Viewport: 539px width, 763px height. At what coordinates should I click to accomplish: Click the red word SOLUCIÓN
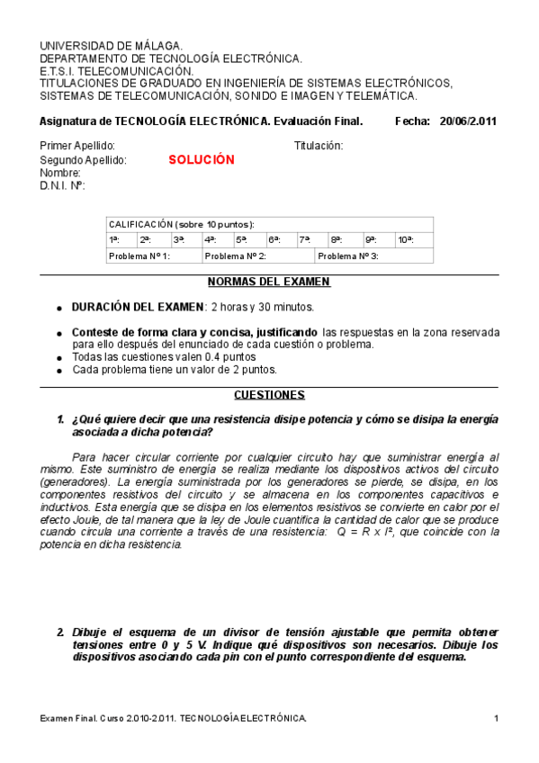click(201, 159)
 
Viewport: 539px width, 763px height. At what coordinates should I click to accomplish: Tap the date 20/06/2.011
click(468, 121)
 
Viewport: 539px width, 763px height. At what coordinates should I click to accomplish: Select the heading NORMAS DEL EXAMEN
click(269, 282)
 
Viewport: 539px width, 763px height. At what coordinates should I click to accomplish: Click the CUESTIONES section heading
click(269, 395)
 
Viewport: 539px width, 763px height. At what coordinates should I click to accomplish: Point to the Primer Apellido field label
click(78, 146)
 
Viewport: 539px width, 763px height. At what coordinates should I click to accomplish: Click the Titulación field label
click(319, 146)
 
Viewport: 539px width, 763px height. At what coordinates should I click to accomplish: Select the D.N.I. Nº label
click(62, 185)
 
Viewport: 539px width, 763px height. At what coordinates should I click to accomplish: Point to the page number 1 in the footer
click(496, 717)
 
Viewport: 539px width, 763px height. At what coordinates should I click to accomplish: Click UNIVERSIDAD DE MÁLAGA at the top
click(112, 45)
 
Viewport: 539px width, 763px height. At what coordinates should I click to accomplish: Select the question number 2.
click(60, 632)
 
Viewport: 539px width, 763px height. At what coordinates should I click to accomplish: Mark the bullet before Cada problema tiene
click(59, 370)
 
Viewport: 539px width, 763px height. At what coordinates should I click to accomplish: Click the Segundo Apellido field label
click(84, 159)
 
